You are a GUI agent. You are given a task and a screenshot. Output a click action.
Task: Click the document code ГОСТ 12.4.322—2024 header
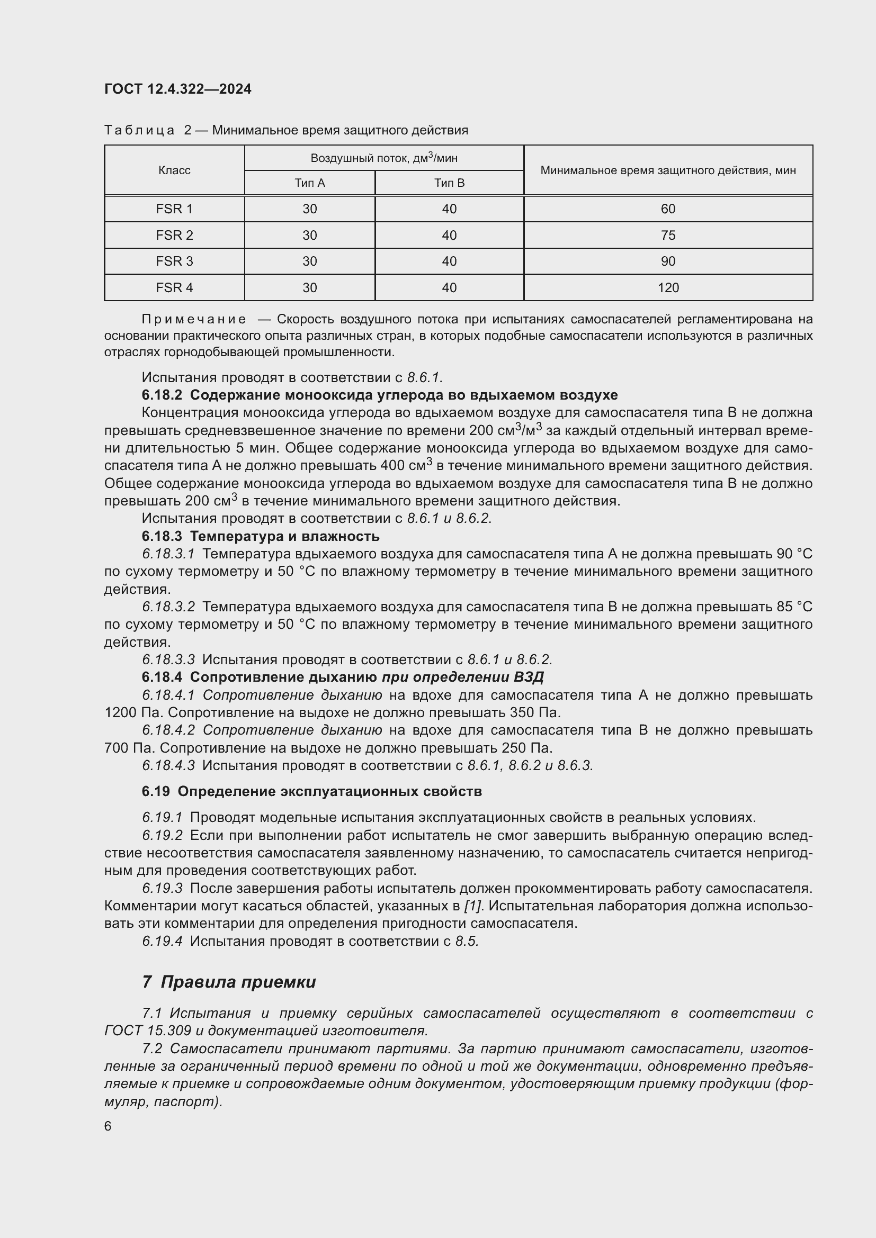[x=178, y=89]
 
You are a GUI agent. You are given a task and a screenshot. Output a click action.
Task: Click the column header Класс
[x=174, y=170]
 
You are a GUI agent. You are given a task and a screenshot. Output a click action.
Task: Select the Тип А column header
[x=310, y=183]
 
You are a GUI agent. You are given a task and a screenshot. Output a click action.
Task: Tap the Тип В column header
[x=449, y=183]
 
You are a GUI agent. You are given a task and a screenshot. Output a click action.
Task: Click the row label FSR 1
[x=174, y=209]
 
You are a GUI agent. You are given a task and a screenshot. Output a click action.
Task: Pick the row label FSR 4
[x=174, y=288]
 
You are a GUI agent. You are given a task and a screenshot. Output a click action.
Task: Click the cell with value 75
[x=668, y=236]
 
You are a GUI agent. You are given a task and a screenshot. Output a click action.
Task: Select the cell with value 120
[x=668, y=288]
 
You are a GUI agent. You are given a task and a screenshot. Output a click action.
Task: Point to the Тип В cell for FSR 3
[x=449, y=261]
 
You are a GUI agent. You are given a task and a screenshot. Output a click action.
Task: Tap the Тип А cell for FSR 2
[x=310, y=236]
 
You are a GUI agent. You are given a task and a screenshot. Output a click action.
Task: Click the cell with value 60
[x=668, y=209]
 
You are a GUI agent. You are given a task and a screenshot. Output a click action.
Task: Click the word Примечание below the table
[x=194, y=319]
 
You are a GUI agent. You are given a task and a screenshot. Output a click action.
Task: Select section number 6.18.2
[x=163, y=395]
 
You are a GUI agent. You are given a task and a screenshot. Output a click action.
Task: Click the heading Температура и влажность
[x=284, y=537]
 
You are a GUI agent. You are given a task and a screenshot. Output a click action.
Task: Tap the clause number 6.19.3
[x=163, y=888]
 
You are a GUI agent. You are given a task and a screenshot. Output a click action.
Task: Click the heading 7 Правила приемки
[x=229, y=982]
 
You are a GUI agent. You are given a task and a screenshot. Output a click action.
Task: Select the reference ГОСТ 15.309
[x=147, y=1031]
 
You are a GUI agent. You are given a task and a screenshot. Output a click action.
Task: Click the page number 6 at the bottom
[x=108, y=1126]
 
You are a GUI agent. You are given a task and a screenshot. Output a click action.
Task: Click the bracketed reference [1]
[x=472, y=906]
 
